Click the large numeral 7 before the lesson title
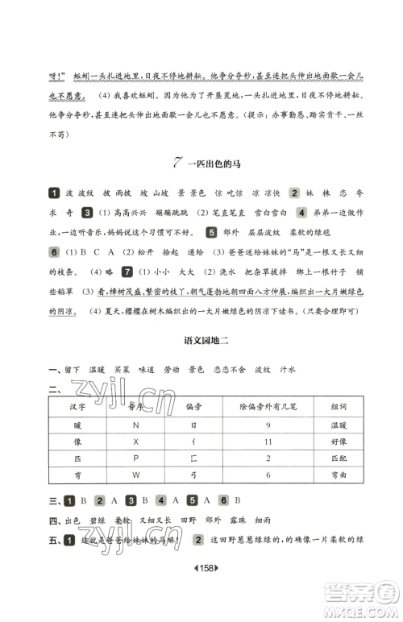click(178, 161)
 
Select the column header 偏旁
click(188, 407)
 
